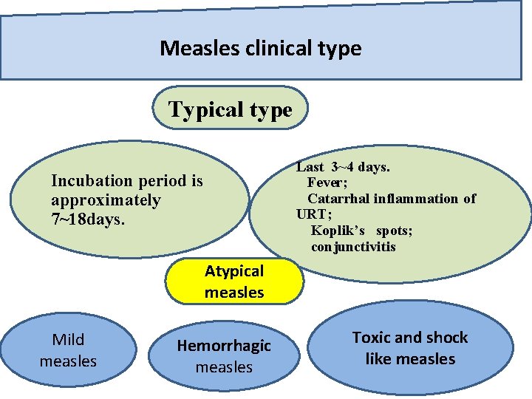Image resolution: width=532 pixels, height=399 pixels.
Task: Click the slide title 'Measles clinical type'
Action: tap(260, 49)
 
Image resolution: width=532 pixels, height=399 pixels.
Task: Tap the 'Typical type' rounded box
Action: tap(230, 110)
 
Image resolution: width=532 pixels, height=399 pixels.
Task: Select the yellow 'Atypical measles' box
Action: tap(234, 282)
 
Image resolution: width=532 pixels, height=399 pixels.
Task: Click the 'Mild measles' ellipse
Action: tap(68, 350)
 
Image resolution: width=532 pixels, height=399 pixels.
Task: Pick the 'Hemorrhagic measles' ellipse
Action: tap(224, 356)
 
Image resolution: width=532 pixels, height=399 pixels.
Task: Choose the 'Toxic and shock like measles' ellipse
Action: tap(410, 348)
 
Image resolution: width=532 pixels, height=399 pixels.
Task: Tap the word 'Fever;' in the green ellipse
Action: tap(327, 183)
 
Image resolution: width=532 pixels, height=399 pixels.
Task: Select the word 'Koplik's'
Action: tap(338, 231)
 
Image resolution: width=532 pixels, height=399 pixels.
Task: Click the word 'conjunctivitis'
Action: tap(353, 247)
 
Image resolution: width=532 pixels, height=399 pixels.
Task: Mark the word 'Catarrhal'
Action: tap(338, 199)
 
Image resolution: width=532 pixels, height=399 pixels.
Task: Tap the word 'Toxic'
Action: tap(371, 338)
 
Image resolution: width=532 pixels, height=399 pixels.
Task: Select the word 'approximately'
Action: tap(106, 200)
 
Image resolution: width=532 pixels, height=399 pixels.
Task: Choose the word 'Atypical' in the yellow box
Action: tap(234, 271)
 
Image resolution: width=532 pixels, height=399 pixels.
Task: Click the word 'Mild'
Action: tap(68, 340)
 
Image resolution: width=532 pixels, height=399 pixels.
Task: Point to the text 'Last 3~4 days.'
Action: tap(343, 167)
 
